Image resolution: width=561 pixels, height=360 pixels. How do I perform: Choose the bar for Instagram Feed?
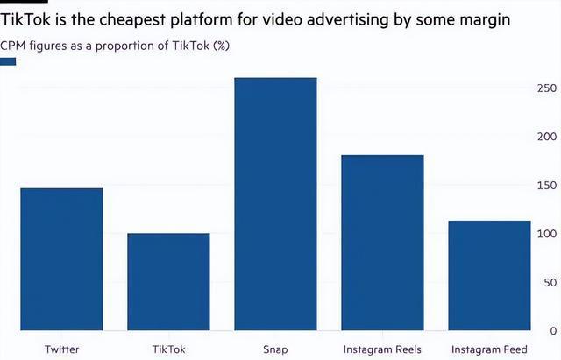click(489, 276)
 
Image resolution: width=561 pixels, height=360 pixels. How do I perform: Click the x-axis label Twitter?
click(61, 349)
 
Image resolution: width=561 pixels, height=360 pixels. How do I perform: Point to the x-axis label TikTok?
click(168, 349)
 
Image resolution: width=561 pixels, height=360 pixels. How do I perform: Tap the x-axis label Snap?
click(275, 349)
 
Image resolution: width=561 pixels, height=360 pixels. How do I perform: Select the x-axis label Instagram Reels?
click(382, 349)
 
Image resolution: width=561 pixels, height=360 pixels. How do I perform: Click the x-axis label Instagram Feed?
click(489, 349)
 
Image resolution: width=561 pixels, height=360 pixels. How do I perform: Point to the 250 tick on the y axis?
click(547, 88)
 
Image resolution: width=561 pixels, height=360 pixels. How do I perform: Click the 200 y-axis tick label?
click(547, 137)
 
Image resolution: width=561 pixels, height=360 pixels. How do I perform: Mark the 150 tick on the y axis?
click(547, 186)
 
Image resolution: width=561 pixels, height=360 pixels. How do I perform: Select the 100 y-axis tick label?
click(547, 234)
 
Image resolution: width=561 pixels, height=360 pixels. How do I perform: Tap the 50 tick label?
click(550, 282)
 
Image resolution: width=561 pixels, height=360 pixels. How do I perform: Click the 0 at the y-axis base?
click(553, 330)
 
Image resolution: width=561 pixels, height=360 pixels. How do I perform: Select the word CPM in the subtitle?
click(15, 45)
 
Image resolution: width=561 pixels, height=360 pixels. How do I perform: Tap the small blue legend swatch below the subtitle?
click(9, 61)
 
